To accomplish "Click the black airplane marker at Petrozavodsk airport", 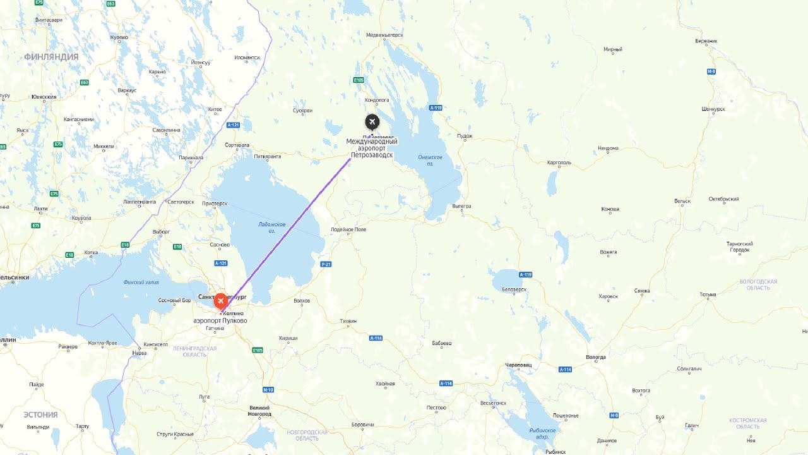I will (x=372, y=122).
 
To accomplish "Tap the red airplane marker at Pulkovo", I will (x=220, y=301).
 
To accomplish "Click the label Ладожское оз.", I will (x=272, y=227).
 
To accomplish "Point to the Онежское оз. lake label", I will (x=430, y=160).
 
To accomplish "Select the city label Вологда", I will (x=595, y=357).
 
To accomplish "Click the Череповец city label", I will (x=518, y=365).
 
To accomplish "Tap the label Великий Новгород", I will (x=260, y=411).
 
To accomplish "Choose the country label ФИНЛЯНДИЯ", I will (x=51, y=57).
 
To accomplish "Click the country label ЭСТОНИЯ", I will (x=40, y=415).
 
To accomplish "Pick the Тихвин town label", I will (x=348, y=321).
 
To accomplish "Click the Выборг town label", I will (x=161, y=232).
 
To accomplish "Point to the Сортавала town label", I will (x=237, y=145).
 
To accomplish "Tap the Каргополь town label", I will (x=559, y=162).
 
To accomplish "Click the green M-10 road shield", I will (x=268, y=390).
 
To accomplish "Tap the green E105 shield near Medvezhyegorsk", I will (x=359, y=80).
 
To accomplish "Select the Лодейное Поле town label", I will (x=348, y=229).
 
